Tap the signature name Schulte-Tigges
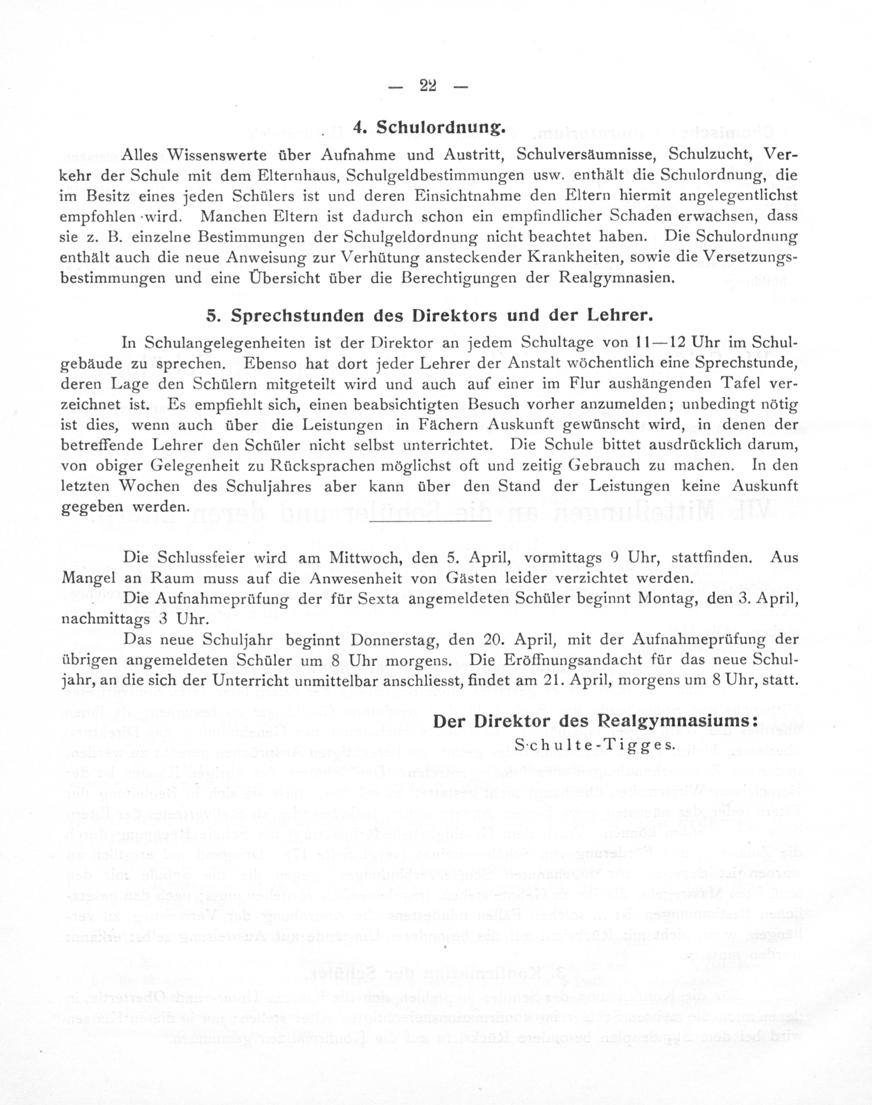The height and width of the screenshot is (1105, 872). pyautogui.click(x=594, y=744)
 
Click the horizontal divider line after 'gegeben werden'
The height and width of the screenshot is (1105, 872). pyautogui.click(x=429, y=521)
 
